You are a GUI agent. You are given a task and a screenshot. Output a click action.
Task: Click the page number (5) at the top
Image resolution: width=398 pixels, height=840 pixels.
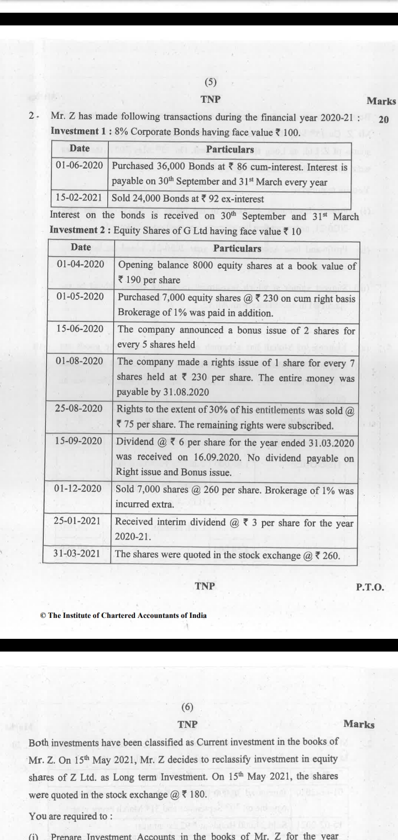(211, 83)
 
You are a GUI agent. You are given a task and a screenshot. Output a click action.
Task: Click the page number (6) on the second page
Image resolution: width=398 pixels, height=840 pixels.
(188, 707)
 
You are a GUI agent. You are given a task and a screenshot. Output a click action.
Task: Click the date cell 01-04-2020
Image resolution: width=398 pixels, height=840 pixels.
(80, 265)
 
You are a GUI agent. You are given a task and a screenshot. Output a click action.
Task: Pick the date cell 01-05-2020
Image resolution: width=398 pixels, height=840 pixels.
(80, 297)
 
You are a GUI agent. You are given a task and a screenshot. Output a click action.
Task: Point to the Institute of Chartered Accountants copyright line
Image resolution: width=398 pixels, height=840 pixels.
(124, 616)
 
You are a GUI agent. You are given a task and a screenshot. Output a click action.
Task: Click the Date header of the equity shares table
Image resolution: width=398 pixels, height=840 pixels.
(80, 248)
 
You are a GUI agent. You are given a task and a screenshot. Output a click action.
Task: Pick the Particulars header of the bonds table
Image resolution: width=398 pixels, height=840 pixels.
(230, 149)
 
